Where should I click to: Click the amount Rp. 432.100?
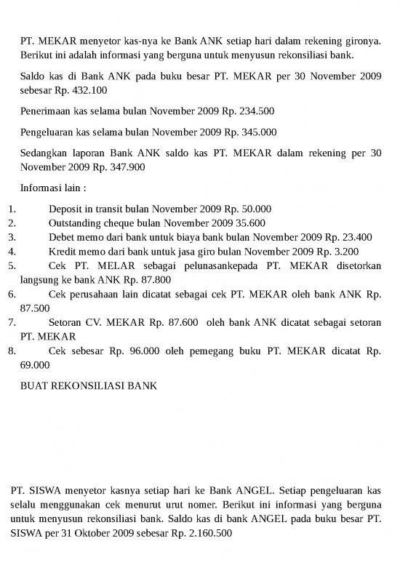tap(82, 90)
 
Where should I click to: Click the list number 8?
tap(11, 351)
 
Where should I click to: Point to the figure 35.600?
tap(247, 223)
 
